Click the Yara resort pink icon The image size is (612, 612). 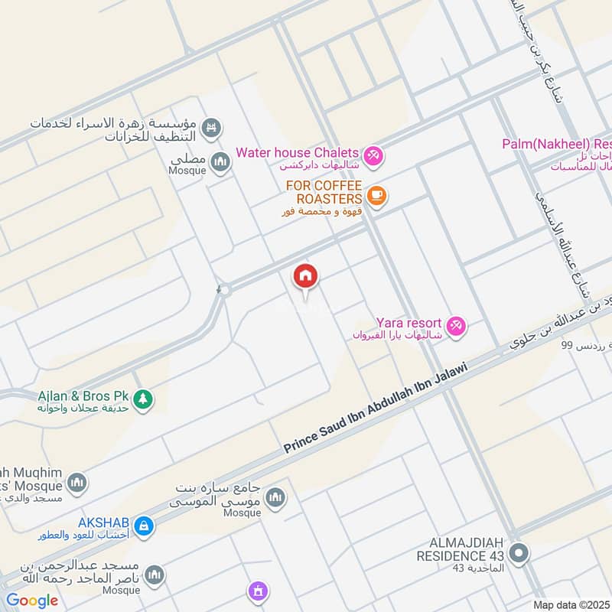[x=457, y=326]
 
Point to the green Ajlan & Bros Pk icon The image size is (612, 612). [x=142, y=399]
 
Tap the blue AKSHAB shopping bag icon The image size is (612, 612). [x=142, y=526]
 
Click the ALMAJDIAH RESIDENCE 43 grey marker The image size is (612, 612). [x=519, y=552]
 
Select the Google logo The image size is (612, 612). [x=32, y=601]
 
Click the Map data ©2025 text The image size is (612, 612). [x=571, y=605]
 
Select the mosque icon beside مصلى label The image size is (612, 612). [x=221, y=162]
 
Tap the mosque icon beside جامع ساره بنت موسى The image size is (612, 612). [x=275, y=498]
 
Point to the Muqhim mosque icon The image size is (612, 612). [x=76, y=483]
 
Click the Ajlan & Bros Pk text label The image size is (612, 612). [x=83, y=396]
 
